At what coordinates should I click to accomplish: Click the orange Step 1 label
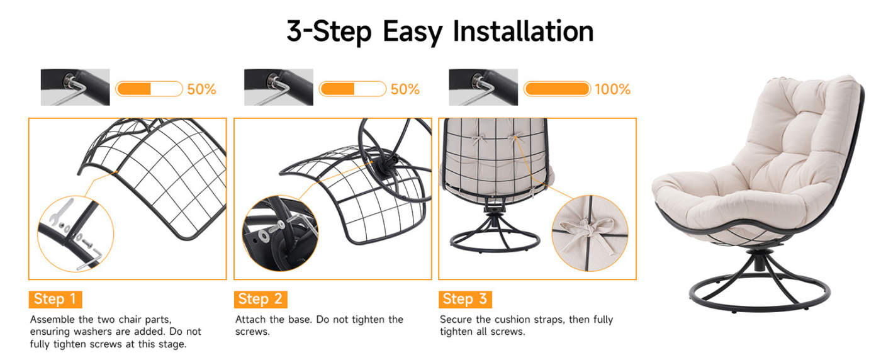[55, 300]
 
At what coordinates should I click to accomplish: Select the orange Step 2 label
[261, 300]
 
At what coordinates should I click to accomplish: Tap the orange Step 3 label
[465, 300]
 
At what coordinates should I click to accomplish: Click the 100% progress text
[612, 89]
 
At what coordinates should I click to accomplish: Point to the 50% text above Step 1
[201, 89]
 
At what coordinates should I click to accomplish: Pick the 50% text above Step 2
[405, 89]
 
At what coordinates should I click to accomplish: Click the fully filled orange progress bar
[557, 89]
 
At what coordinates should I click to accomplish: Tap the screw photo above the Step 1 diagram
[75, 87]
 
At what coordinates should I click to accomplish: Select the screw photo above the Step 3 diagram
[483, 87]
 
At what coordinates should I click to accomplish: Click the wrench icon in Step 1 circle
[61, 211]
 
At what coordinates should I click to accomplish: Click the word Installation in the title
[523, 31]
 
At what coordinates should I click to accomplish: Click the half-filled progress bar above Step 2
[353, 89]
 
